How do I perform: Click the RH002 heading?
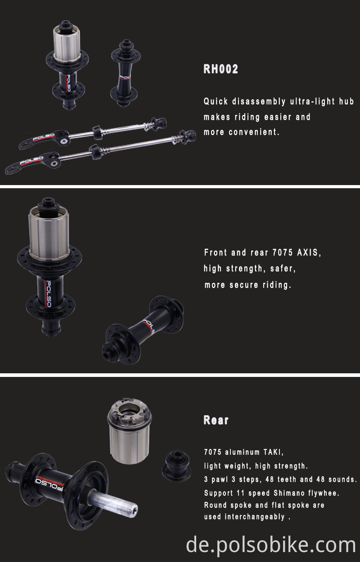click(x=220, y=69)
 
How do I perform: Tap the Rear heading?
click(x=216, y=420)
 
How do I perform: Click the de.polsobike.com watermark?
click(x=271, y=545)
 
